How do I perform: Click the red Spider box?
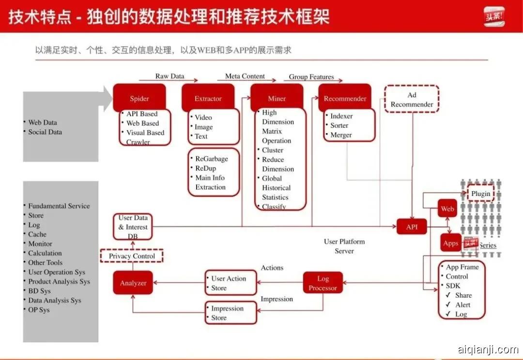click(139, 98)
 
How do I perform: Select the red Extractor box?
click(208, 98)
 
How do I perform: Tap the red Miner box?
click(277, 98)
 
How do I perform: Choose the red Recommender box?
click(345, 98)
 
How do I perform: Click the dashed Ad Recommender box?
click(412, 100)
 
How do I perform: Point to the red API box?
click(412, 226)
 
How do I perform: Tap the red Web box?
click(447, 209)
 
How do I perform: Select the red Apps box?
click(451, 243)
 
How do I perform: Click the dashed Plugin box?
click(480, 194)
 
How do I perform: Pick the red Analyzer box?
click(133, 283)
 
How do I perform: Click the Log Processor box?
click(323, 283)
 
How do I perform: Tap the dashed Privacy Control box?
click(132, 256)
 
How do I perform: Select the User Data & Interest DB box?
click(133, 227)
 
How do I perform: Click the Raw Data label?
click(169, 76)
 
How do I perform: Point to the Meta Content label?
click(245, 76)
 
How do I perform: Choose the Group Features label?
click(311, 76)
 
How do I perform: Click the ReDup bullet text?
click(205, 168)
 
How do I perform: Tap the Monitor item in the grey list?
click(40, 244)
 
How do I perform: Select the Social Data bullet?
click(45, 132)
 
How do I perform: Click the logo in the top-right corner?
click(494, 16)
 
